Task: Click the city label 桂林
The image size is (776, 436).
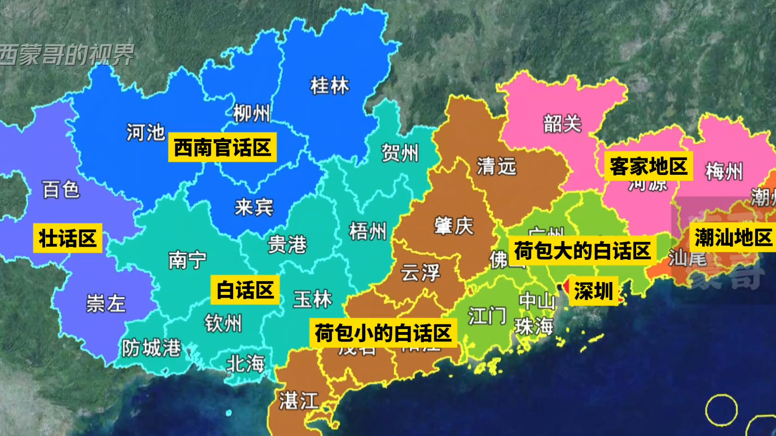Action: (329, 86)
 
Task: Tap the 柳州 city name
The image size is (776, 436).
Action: (251, 113)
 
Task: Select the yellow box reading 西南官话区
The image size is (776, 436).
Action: (222, 147)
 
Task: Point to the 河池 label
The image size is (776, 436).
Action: (146, 133)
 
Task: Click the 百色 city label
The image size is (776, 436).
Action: (61, 190)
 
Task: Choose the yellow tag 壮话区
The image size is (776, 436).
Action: (68, 238)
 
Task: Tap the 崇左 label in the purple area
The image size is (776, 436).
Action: (106, 304)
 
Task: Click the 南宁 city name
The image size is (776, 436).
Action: (188, 260)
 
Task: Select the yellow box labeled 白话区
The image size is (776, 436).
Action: (245, 290)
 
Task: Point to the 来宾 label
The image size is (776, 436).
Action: (254, 207)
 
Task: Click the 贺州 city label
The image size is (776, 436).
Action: (399, 153)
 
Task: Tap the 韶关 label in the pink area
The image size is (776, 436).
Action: (562, 124)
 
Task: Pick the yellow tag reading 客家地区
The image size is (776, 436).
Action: (648, 166)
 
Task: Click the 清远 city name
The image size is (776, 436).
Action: (496, 166)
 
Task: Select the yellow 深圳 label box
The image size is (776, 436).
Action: (593, 292)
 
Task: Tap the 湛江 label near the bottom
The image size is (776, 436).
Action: (299, 400)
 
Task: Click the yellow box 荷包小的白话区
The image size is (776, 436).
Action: (383, 333)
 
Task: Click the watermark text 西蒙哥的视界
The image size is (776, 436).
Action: (66, 55)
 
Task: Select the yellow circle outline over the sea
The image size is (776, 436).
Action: (721, 410)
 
